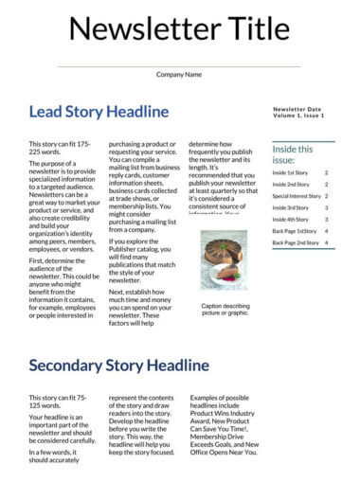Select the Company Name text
click(x=179, y=74)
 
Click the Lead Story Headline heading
click(x=99, y=112)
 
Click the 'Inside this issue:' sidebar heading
click(x=292, y=154)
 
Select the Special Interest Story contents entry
click(x=297, y=196)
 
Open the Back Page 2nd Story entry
click(x=296, y=242)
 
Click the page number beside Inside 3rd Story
click(x=327, y=208)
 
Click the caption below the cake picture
click(x=225, y=310)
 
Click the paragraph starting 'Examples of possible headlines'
click(x=224, y=426)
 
